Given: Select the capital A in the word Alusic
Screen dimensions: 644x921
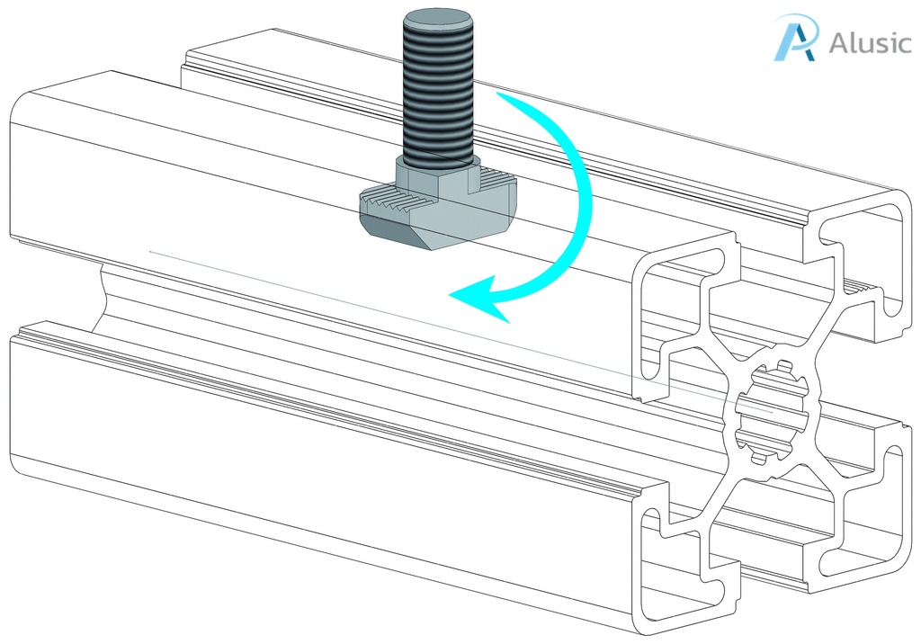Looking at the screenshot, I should (x=838, y=43).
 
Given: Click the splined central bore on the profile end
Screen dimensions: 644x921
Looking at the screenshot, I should (x=769, y=409).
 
